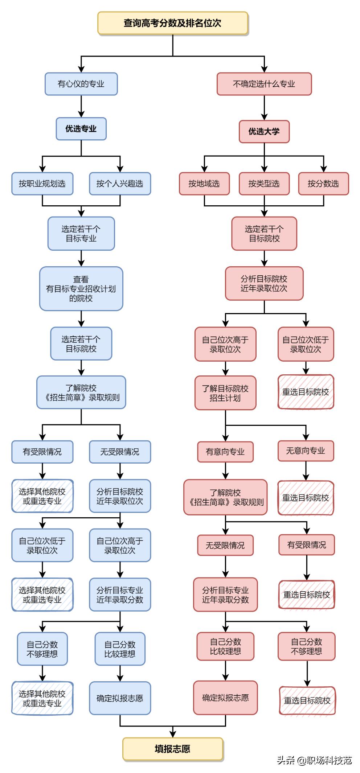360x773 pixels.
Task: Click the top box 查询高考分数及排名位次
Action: [173, 23]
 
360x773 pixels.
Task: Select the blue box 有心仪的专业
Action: [81, 84]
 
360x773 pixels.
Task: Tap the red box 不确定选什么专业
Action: [264, 84]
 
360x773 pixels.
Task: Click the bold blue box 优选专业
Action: [81, 129]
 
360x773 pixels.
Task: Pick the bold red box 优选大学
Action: [264, 131]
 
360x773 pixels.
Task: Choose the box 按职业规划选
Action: [42, 184]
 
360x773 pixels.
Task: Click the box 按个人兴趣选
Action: [120, 184]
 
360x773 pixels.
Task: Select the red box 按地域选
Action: [204, 184]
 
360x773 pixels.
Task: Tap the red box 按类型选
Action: [264, 184]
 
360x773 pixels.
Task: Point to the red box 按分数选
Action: [323, 184]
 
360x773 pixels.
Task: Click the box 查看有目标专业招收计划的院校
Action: [81, 289]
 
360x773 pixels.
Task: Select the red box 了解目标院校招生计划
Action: [225, 393]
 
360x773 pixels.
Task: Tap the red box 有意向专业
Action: [225, 452]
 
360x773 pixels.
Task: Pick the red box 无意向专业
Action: [306, 451]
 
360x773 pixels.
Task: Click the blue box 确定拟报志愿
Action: [120, 698]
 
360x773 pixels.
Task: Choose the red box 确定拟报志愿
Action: [225, 698]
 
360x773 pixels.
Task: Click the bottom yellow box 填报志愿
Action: [173, 749]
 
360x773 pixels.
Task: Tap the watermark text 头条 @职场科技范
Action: [314, 760]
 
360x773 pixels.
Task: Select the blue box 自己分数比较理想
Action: [120, 649]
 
